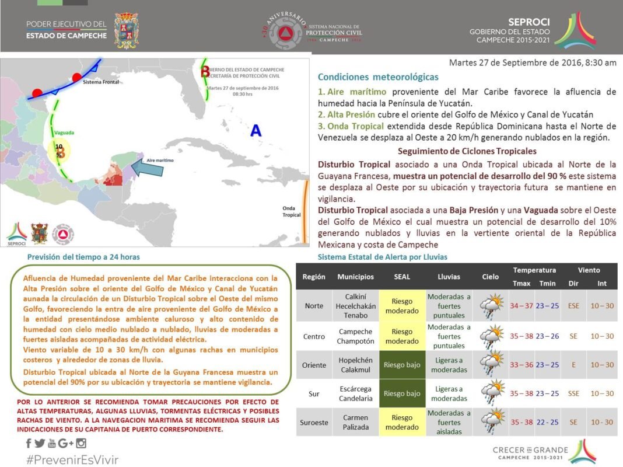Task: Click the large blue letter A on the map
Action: click(x=256, y=131)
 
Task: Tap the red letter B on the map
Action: click(x=205, y=72)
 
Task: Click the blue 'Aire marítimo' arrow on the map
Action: click(x=149, y=169)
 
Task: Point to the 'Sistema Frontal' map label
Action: click(x=101, y=82)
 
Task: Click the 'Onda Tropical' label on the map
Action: click(x=290, y=211)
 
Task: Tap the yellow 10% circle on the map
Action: click(x=60, y=151)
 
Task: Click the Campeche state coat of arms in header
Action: click(x=126, y=30)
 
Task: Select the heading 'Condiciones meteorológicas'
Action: click(x=378, y=77)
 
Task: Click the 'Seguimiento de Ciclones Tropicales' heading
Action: click(x=467, y=151)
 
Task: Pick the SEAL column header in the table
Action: click(x=402, y=276)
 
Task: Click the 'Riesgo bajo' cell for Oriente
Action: click(x=402, y=365)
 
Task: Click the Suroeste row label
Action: click(x=314, y=422)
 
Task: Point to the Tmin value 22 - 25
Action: click(x=547, y=422)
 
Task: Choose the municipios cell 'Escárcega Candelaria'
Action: click(x=355, y=393)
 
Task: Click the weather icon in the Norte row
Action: click(x=491, y=305)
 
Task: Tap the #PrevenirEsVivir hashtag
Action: click(x=72, y=459)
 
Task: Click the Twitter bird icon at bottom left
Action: click(x=40, y=444)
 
